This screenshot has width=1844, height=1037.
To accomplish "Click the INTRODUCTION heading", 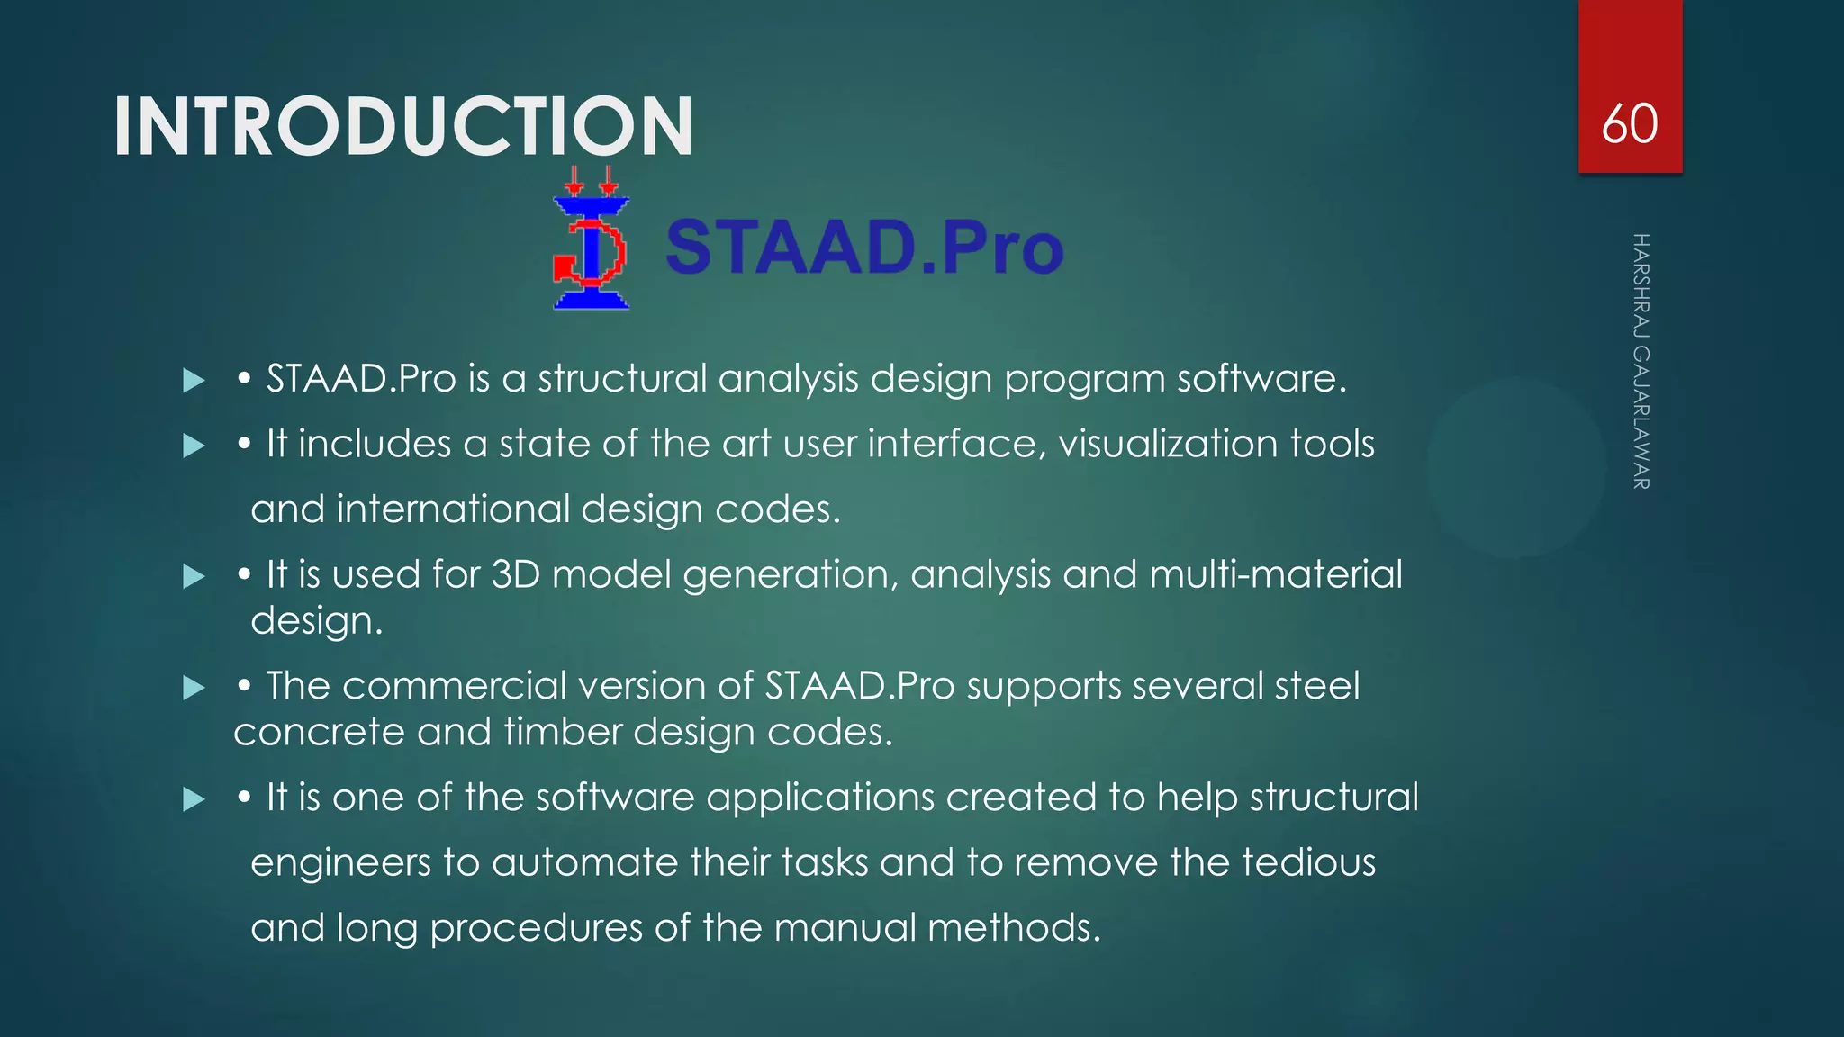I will pos(403,127).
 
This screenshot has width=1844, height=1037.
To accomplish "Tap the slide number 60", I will pos(1629,124).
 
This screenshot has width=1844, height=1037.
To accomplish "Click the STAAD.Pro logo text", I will pos(864,247).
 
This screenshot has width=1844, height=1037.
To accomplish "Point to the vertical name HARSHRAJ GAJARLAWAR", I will pos(1641,361).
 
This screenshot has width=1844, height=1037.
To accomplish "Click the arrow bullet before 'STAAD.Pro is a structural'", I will pos(194,381).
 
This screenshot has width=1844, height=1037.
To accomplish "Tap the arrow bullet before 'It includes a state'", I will pos(194,446).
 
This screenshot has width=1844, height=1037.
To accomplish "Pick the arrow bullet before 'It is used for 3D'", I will pos(194,576).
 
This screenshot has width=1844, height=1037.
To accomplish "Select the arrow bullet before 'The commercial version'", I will pos(194,689).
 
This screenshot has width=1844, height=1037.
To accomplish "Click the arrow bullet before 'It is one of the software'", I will pos(194,799).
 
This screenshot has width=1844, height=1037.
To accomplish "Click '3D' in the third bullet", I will pos(515,574).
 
